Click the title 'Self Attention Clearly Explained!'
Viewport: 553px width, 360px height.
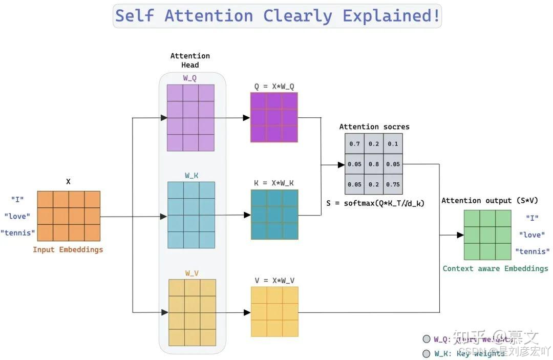point(277,15)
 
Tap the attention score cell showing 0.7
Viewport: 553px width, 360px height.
point(354,144)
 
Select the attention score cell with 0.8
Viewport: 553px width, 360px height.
point(374,164)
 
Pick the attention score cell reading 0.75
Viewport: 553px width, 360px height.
point(393,184)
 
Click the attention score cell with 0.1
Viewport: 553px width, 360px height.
point(393,144)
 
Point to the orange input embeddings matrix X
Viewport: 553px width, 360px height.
point(69,216)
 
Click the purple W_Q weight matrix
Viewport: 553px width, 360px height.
point(190,117)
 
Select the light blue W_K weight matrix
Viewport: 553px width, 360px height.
point(191,215)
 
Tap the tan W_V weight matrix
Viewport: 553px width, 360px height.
point(192,312)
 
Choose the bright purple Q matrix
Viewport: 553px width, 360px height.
point(274,117)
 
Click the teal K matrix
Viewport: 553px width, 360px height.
point(274,215)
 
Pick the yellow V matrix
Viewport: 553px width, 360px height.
point(274,311)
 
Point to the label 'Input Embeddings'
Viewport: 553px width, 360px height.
point(68,250)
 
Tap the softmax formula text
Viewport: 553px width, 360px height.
point(375,203)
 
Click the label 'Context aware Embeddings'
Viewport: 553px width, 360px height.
point(495,268)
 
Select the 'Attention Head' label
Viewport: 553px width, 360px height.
point(190,60)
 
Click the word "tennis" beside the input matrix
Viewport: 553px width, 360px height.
point(18,233)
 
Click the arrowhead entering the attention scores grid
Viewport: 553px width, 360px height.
point(341,164)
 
